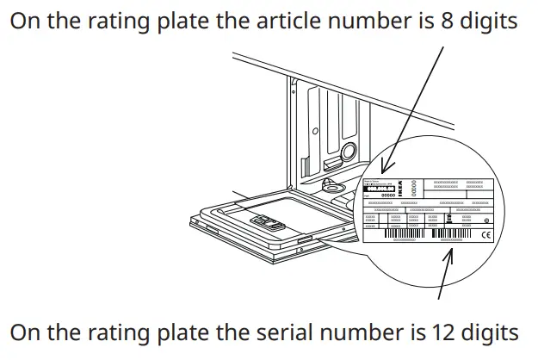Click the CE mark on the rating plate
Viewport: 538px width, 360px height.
(x=485, y=235)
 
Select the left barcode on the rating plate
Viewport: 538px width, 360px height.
(x=405, y=233)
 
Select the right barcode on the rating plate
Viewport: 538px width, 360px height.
(x=451, y=233)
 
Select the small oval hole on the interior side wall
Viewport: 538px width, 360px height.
(x=316, y=133)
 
